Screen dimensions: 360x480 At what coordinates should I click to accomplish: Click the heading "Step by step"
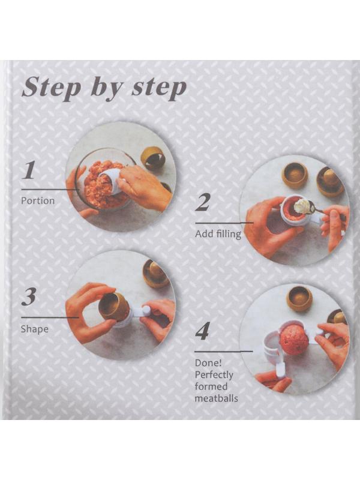(104, 88)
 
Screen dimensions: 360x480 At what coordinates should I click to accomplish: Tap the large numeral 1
(29, 170)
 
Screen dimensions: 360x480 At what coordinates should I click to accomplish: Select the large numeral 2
(203, 202)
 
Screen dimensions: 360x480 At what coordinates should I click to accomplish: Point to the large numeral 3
(29, 297)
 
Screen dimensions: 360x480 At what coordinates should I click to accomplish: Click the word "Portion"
(38, 201)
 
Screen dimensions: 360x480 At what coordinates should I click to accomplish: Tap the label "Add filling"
(218, 234)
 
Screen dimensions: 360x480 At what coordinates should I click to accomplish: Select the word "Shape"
(34, 329)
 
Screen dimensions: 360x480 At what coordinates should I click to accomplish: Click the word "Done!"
(208, 363)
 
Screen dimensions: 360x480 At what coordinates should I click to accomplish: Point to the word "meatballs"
(216, 398)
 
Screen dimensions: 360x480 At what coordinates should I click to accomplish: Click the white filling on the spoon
(302, 207)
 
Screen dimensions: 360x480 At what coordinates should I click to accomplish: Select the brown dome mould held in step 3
(110, 306)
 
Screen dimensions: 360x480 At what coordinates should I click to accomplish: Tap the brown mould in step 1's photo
(152, 158)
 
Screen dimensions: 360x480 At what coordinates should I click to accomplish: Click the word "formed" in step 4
(211, 386)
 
